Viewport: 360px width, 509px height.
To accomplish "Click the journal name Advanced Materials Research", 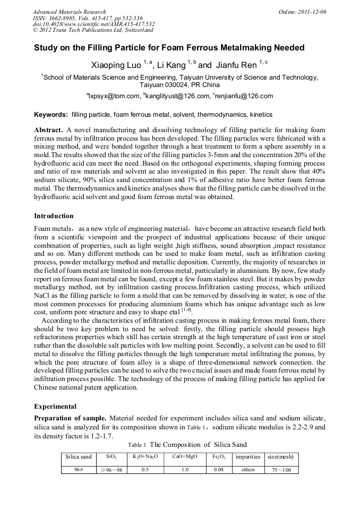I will pyautogui.click(x=69, y=12).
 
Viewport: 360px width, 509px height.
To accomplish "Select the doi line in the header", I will pyautogui.click(x=94, y=24).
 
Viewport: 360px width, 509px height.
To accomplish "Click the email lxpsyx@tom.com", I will pyautogui.click(x=113, y=96).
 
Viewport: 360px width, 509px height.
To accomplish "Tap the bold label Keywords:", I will pyautogui.click(x=51, y=115).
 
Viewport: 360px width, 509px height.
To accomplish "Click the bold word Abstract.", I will pyautogui.click(x=49, y=130).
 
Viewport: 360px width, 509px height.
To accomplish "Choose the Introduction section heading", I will pyautogui.click(x=54, y=216).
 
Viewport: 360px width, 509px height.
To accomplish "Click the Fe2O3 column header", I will pyautogui.click(x=219, y=457).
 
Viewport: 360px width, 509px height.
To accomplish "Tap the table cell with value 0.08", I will pyautogui.click(x=219, y=470).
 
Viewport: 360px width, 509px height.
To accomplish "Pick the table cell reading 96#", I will pyautogui.click(x=78, y=470).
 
